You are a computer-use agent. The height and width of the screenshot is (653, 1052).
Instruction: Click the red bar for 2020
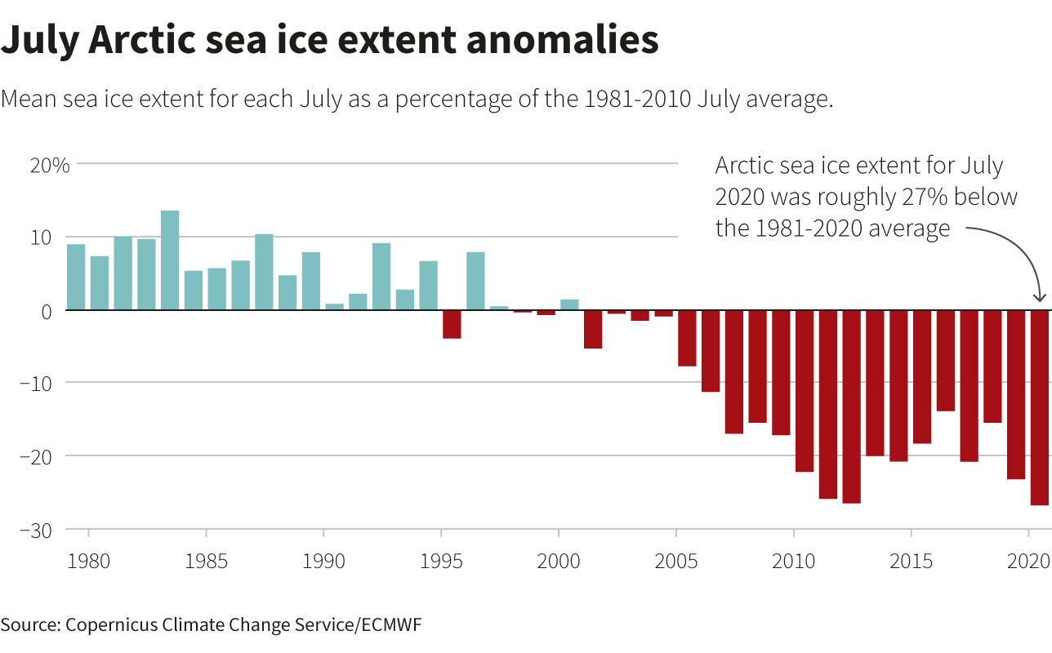click(x=1039, y=408)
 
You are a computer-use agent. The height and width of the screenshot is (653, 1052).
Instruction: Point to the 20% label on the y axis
click(x=50, y=164)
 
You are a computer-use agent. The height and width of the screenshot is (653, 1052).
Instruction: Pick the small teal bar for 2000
click(x=569, y=305)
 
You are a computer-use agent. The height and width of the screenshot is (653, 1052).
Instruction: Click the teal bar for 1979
click(x=76, y=278)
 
